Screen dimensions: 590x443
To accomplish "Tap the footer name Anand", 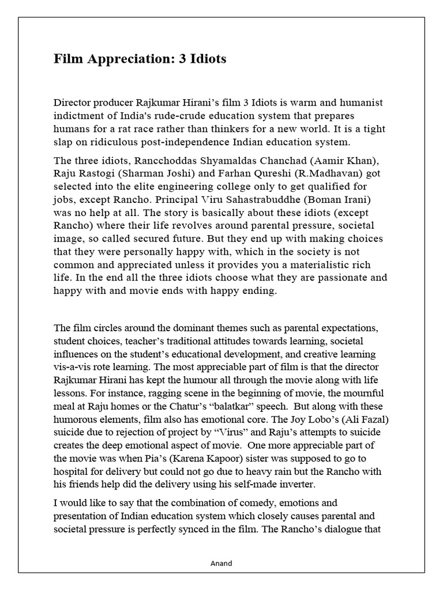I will [x=221, y=563].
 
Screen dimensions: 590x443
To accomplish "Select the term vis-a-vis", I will [x=74, y=366].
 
